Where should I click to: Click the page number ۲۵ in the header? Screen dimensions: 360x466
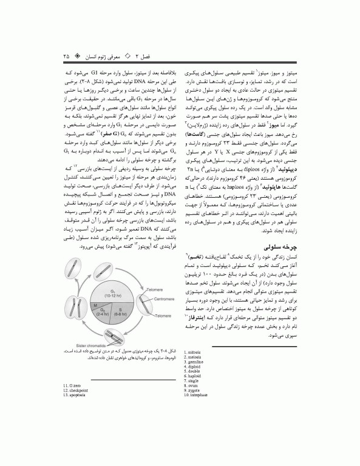(x=65, y=56)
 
